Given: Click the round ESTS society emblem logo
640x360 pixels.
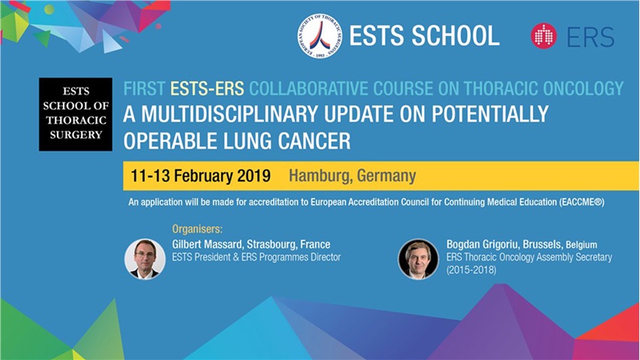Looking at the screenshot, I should point(319,35).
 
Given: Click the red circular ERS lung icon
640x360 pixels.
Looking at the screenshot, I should point(543,36).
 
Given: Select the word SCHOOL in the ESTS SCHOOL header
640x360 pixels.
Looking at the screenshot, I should point(456,35).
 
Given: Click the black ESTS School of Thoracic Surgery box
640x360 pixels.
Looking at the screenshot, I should point(76,114).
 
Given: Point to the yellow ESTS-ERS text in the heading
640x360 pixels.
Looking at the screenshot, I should point(208,89).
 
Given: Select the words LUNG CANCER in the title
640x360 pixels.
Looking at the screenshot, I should point(279,140).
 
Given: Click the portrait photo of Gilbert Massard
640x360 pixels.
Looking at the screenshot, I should point(145,259).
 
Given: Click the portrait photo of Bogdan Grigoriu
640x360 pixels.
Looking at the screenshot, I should point(417,259).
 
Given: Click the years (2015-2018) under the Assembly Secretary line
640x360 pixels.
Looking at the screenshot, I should point(471,268).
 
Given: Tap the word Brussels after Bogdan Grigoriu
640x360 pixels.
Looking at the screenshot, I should point(542,244).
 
